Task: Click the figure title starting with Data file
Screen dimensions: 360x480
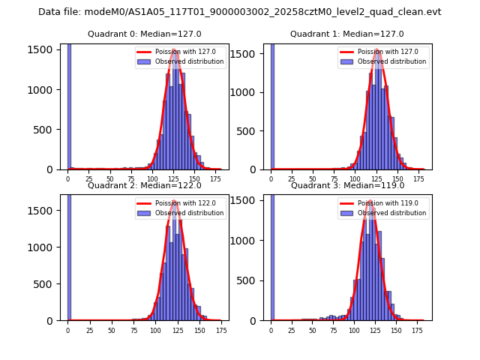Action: click(x=240, y=12)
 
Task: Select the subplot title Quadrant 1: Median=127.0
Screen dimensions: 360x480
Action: click(x=346, y=34)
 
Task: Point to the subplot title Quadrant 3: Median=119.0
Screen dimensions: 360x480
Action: click(x=346, y=185)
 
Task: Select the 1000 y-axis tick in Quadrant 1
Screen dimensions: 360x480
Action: click(x=250, y=93)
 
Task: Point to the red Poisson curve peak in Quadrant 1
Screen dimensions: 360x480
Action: click(x=378, y=51)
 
